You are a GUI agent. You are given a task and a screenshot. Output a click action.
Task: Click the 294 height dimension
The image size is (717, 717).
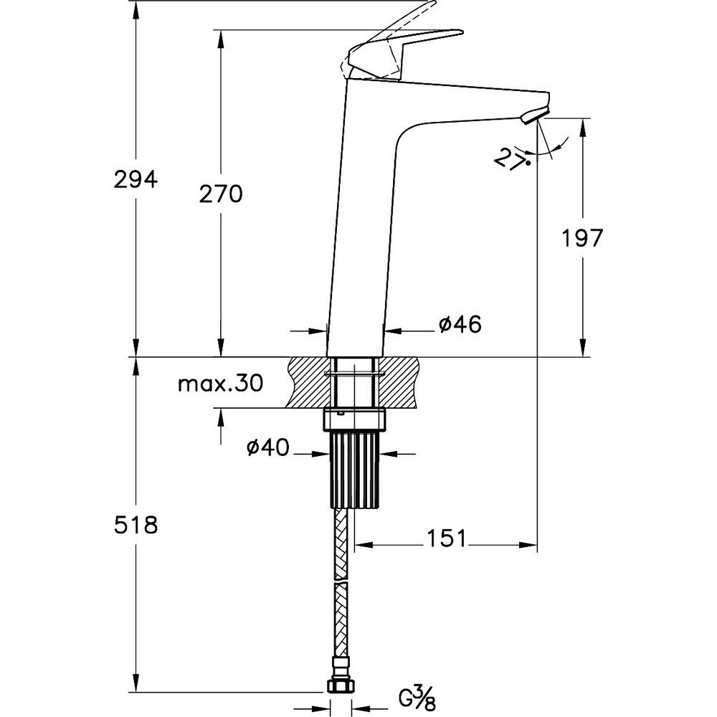point(136,179)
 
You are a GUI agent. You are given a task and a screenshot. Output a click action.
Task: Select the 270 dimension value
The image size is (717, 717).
point(221,194)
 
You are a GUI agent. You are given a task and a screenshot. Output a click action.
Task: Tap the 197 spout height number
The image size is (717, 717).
point(582,238)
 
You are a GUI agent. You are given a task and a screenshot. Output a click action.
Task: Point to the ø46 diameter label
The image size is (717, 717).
point(460,325)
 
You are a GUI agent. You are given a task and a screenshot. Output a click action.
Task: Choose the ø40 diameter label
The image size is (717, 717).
point(268,447)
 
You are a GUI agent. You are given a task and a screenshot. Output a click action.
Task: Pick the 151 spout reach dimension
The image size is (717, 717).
point(446,538)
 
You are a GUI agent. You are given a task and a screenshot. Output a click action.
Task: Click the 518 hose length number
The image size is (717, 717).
point(136,525)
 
